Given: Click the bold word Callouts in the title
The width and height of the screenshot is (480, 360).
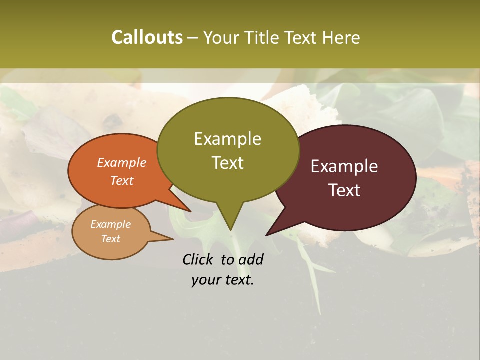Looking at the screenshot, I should point(147,37).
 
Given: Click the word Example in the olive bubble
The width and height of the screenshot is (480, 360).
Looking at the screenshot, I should point(227,139).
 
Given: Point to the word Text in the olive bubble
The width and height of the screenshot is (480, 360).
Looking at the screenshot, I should point(227,163).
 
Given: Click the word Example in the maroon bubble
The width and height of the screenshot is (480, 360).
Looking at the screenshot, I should point(344,166).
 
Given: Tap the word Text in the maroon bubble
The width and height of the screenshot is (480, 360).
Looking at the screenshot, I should point(344,190).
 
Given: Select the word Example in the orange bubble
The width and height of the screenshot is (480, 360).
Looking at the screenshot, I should point(122,162).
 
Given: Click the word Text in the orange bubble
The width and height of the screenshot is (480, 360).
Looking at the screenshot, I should point(122,180).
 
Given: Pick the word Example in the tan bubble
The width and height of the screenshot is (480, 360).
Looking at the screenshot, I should point(110,224).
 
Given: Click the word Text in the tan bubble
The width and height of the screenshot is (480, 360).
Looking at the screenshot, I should point(110,239).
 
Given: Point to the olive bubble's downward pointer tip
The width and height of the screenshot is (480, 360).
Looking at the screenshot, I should point(230,229).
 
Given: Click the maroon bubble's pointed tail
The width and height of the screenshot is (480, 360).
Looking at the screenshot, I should point(267,234).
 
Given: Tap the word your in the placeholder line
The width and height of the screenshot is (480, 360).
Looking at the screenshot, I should point(206,280).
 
